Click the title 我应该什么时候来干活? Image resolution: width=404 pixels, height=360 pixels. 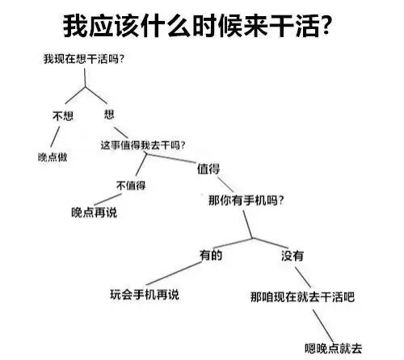196,25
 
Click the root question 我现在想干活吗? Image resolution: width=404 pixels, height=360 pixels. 83,59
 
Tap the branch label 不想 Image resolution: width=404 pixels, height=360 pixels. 63,116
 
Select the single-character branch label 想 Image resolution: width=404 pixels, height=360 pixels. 109,115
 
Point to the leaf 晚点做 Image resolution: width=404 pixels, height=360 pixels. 53,157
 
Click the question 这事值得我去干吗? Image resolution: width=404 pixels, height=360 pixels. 143,145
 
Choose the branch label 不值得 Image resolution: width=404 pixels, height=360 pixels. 131,186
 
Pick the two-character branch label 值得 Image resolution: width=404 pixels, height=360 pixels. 208,169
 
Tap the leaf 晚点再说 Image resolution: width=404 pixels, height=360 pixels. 95,212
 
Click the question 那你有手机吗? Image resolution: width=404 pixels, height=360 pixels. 246,200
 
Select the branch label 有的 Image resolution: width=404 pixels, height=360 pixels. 211,255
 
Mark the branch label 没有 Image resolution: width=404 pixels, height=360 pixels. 292,256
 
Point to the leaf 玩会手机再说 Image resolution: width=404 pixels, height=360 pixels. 145,295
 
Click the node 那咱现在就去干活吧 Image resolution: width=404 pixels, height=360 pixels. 302,297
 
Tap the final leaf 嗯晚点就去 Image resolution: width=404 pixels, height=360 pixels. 334,349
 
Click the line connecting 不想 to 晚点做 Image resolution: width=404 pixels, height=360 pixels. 55,137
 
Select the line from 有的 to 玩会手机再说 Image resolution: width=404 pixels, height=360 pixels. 174,274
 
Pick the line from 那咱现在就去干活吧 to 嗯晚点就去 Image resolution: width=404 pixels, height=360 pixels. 323,326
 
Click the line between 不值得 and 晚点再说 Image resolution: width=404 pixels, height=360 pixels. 107,199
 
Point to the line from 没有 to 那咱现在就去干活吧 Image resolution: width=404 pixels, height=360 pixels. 303,277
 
